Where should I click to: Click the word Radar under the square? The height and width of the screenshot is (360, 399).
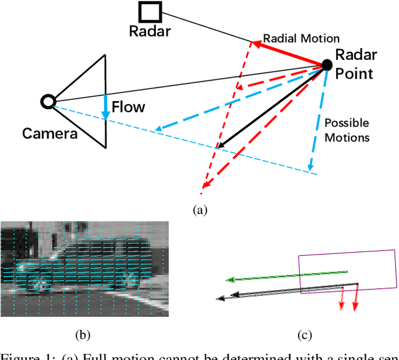(150, 31)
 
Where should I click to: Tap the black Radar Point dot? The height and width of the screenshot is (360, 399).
(326, 64)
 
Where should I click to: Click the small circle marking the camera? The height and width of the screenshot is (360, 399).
(47, 101)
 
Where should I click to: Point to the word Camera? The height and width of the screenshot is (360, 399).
(50, 133)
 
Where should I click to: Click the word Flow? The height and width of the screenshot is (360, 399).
(128, 107)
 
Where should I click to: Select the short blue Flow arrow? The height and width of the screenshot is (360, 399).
(106, 107)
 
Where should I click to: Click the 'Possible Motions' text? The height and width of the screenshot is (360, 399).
(347, 130)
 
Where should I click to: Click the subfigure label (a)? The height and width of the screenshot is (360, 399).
(199, 210)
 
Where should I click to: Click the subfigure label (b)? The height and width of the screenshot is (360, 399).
(82, 336)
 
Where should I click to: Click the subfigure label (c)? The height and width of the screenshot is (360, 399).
(304, 336)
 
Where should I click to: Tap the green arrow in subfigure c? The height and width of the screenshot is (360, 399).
(287, 275)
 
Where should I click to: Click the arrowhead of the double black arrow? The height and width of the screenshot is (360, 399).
(221, 299)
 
